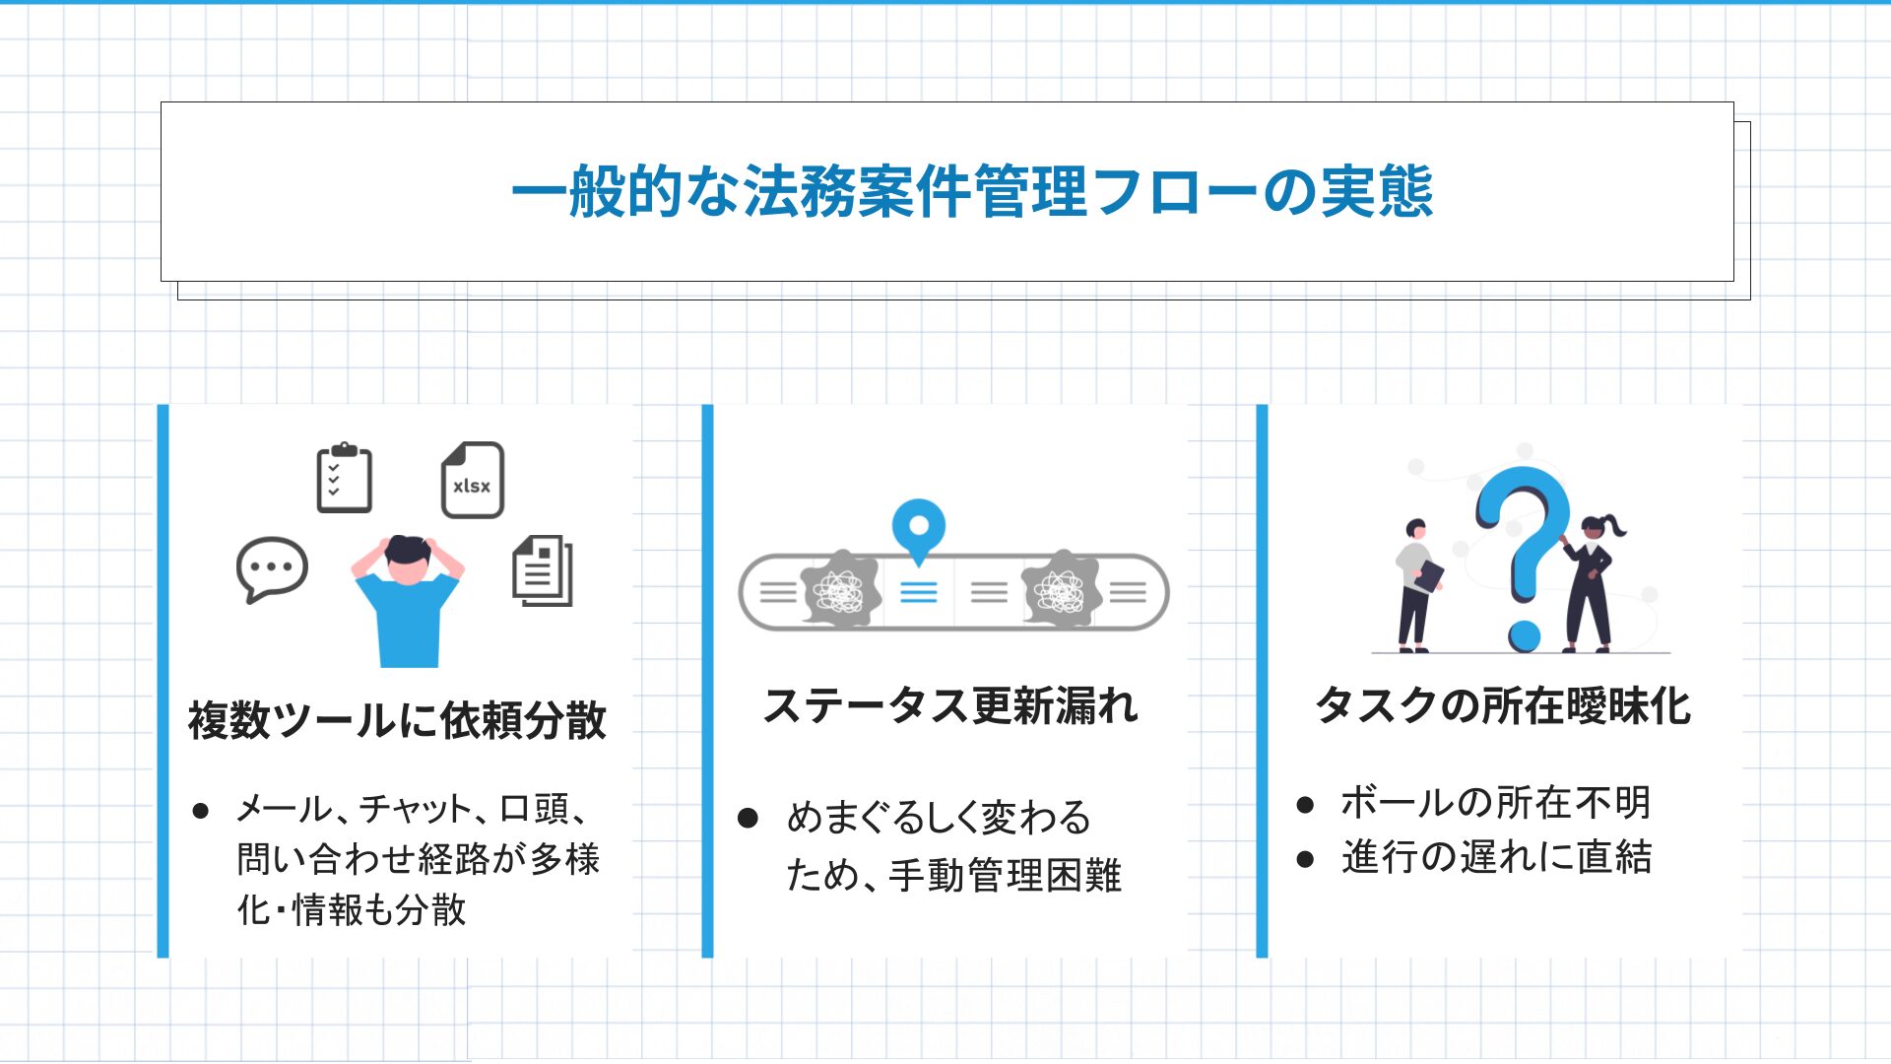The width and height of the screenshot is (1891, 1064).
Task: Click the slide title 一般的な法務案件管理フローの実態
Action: click(972, 191)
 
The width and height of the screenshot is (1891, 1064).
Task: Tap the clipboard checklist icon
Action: click(344, 478)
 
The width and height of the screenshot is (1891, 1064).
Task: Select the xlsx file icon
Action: click(473, 480)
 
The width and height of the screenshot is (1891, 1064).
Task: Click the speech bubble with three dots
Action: click(272, 569)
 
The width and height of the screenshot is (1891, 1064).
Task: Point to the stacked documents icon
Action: click(543, 570)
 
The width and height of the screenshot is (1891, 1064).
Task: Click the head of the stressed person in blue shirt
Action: click(408, 560)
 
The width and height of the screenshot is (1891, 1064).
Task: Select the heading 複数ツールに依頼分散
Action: click(397, 720)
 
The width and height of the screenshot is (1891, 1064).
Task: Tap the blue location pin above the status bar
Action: click(918, 530)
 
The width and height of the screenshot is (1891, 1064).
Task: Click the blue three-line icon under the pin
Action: click(919, 592)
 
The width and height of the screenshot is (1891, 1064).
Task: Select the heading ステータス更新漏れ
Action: click(950, 705)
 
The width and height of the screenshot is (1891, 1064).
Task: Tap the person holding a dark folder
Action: click(1417, 585)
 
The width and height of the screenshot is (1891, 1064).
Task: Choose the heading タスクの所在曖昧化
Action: click(1503, 705)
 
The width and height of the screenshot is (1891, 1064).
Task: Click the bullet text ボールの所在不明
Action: click(1495, 803)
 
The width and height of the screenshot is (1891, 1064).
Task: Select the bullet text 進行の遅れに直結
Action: click(1496, 857)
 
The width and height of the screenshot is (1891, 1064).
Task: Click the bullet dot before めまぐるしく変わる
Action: click(748, 818)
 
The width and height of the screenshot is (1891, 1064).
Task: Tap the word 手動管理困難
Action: click(1005, 875)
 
